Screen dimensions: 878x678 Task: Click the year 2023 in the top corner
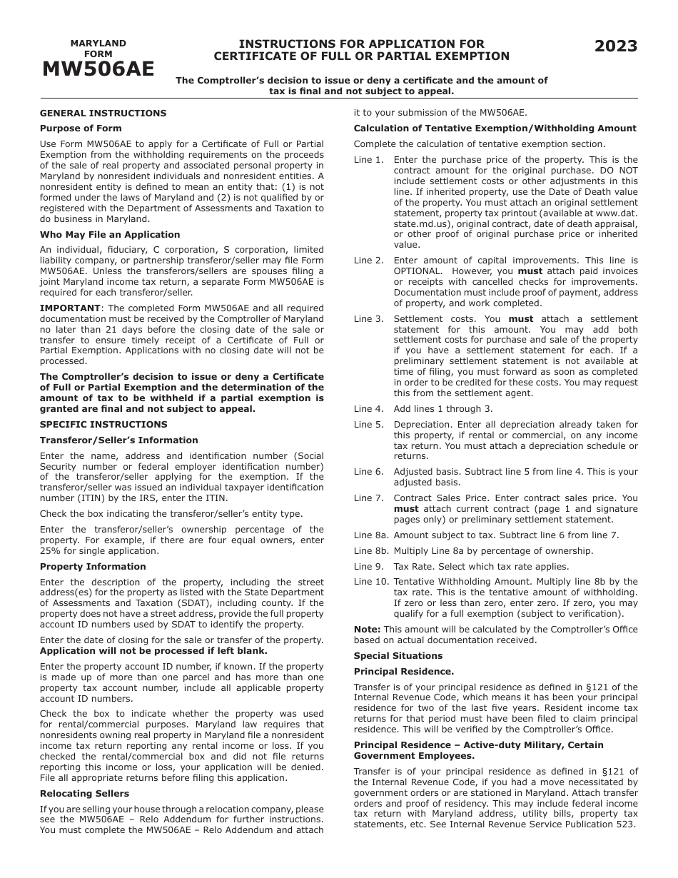(616, 47)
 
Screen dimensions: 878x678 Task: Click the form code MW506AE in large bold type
(98, 69)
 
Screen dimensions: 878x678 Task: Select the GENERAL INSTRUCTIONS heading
(103, 113)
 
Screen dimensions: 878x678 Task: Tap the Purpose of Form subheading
(81, 128)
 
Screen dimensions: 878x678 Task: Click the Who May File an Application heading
(110, 235)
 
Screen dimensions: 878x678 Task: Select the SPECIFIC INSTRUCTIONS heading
(103, 425)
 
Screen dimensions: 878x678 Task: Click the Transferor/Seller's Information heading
(118, 440)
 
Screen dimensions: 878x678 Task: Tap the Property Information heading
(93, 567)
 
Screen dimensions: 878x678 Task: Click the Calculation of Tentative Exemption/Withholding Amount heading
(495, 128)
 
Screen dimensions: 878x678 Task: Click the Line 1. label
(368, 160)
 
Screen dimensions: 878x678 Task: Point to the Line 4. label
(368, 409)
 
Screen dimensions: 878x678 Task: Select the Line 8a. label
(370, 535)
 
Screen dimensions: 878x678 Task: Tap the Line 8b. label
(370, 551)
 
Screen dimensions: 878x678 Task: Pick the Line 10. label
(370, 582)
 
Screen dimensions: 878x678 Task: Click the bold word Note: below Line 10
(367, 630)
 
